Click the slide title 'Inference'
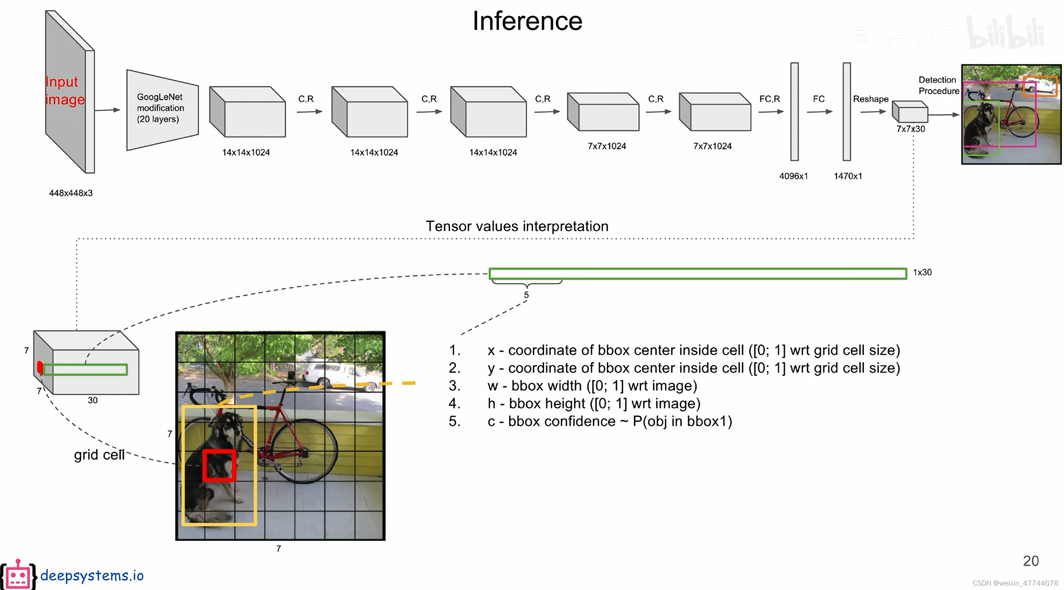[x=527, y=21]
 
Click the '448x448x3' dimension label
[x=71, y=193]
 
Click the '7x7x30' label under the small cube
[x=910, y=129]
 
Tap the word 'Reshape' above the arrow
[x=870, y=99]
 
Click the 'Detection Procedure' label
[x=938, y=85]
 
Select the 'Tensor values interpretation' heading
[x=517, y=226]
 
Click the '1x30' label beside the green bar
[x=922, y=273]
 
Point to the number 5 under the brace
[x=526, y=295]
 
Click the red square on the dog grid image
[x=219, y=466]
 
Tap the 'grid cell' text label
[x=99, y=455]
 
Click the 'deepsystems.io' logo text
[x=92, y=575]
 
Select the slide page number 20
[x=1031, y=561]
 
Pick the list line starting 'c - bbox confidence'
[x=609, y=421]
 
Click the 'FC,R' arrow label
[x=769, y=99]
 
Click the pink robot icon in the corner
[x=18, y=575]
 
